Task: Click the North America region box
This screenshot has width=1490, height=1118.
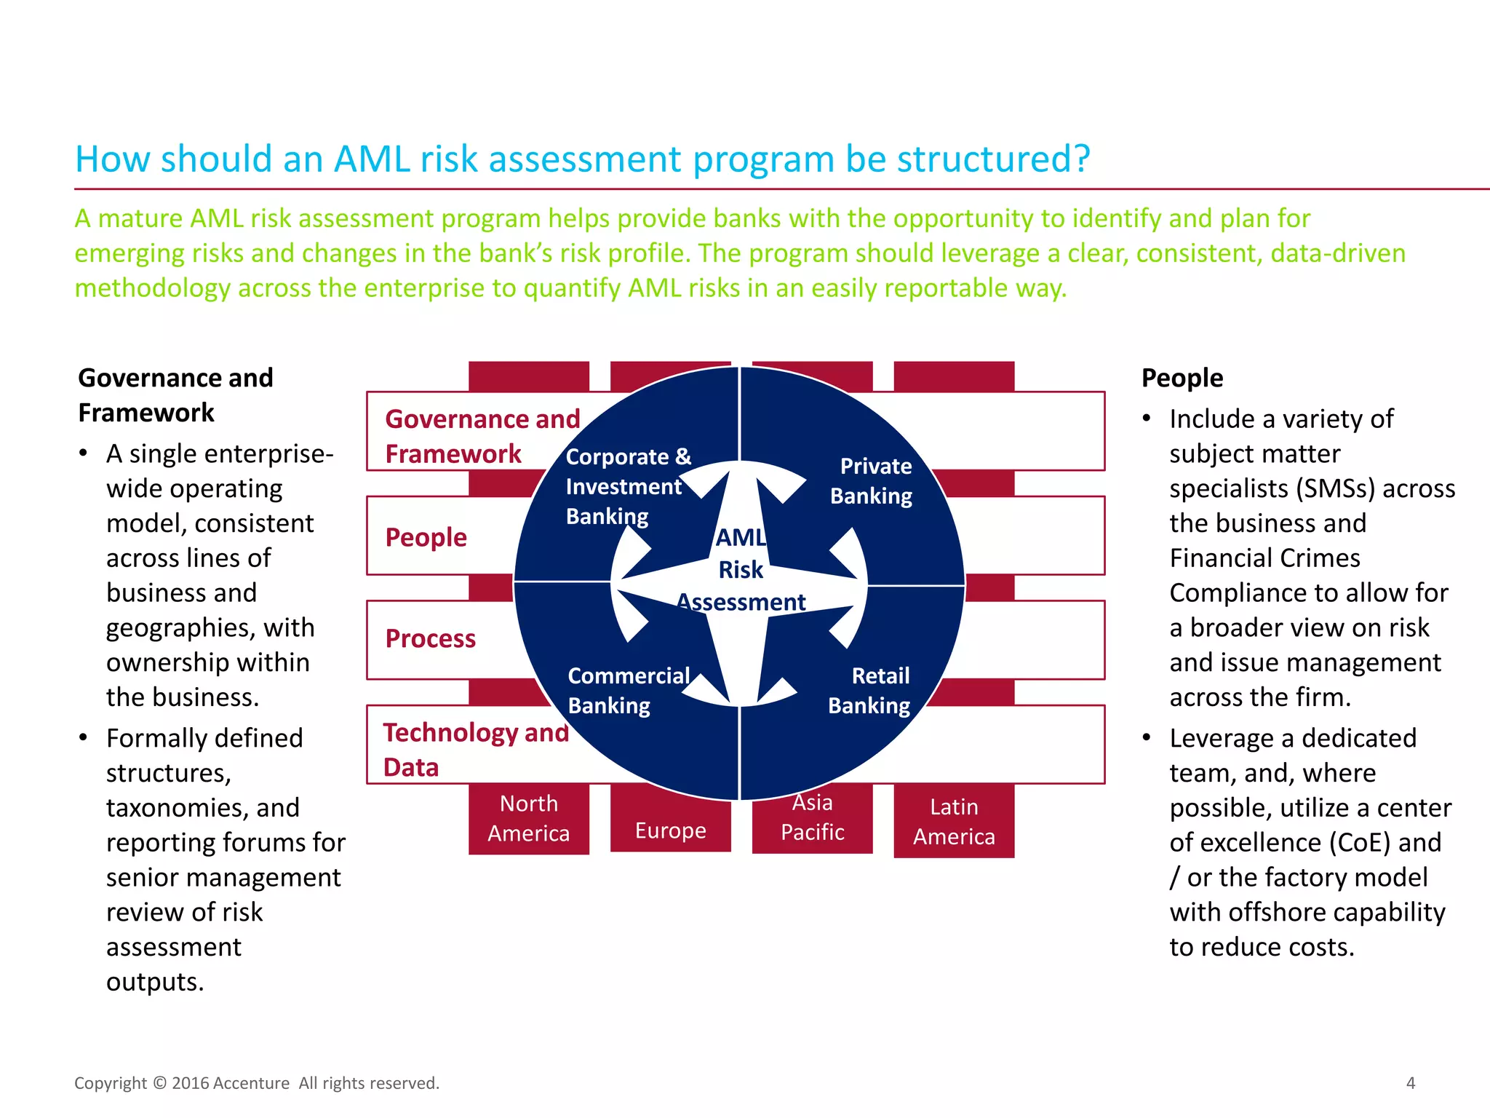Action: (529, 818)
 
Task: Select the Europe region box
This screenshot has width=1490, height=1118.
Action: (670, 830)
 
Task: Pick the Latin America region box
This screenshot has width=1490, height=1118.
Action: (954, 822)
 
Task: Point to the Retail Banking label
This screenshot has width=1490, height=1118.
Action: (869, 690)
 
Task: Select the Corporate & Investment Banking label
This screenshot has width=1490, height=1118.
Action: (628, 486)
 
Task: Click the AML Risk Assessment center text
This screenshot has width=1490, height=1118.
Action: (741, 569)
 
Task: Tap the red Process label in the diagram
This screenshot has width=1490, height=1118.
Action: (431, 638)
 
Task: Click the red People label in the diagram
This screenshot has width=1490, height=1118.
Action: (426, 537)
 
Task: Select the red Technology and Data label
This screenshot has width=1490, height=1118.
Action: (475, 750)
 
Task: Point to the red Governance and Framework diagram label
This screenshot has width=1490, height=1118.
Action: (482, 436)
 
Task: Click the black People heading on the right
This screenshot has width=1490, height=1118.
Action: (1182, 378)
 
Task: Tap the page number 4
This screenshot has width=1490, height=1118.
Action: (1411, 1083)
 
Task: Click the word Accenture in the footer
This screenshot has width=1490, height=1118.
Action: (252, 1083)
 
